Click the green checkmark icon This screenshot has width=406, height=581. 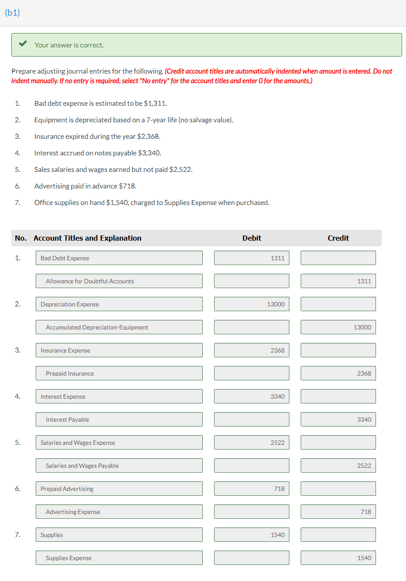pyautogui.click(x=23, y=44)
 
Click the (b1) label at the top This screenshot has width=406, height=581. pyautogui.click(x=13, y=13)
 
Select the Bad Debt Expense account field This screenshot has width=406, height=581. pyautogui.click(x=119, y=258)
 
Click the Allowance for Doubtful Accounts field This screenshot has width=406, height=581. pyautogui.click(x=119, y=281)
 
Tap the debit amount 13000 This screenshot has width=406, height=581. pyautogui.click(x=252, y=304)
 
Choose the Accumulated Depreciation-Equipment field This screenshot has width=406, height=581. pyautogui.click(x=119, y=327)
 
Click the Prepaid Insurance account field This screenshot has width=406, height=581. pyautogui.click(x=119, y=373)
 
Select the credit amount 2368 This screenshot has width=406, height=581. pyautogui.click(x=338, y=373)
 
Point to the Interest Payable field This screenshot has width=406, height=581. pyautogui.click(x=119, y=420)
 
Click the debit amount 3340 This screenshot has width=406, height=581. pyautogui.click(x=252, y=396)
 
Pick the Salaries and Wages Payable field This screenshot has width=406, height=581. pyautogui.click(x=119, y=466)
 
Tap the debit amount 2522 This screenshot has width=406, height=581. pyautogui.click(x=252, y=443)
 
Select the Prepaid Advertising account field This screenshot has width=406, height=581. pyautogui.click(x=119, y=489)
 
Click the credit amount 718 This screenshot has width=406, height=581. pyautogui.click(x=338, y=512)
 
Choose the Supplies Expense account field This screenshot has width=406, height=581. pyautogui.click(x=119, y=558)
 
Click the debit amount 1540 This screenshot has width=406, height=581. pyautogui.click(x=252, y=535)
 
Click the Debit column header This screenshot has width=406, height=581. pyautogui.click(x=252, y=238)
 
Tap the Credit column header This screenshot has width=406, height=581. pyautogui.click(x=338, y=238)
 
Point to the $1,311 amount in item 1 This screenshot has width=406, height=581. pyautogui.click(x=155, y=104)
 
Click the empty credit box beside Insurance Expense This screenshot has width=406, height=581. pyautogui.click(x=338, y=350)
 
